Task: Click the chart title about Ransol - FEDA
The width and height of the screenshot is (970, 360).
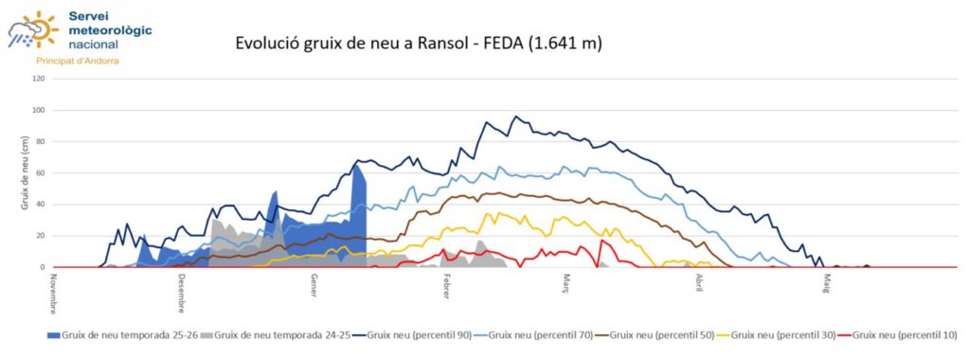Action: click(x=419, y=44)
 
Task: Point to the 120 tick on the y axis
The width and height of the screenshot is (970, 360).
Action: click(x=38, y=79)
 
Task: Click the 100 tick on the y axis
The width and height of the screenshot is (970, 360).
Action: click(x=38, y=110)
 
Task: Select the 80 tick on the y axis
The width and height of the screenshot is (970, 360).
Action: click(x=39, y=141)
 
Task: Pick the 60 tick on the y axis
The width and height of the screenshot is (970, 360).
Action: click(x=39, y=172)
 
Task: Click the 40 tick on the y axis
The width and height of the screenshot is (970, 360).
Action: click(x=39, y=205)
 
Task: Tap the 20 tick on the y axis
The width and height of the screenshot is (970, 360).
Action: click(x=39, y=236)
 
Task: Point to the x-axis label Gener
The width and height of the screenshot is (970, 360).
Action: click(x=314, y=286)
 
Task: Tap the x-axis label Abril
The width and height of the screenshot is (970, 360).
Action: click(x=699, y=285)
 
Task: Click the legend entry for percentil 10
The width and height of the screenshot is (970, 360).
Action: click(x=900, y=334)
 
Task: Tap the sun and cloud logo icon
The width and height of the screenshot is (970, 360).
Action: click(x=32, y=29)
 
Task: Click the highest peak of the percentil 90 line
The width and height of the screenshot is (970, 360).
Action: click(x=516, y=117)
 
